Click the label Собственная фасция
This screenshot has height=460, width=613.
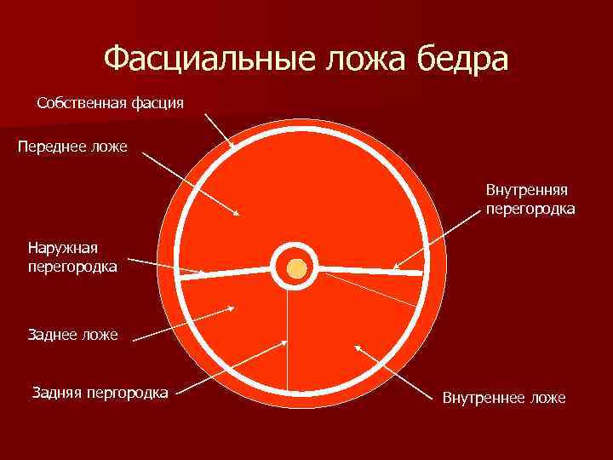pyautogui.click(x=111, y=103)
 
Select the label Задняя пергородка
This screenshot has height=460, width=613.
pyautogui.click(x=99, y=393)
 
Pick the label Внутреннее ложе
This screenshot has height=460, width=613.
pyautogui.click(x=504, y=399)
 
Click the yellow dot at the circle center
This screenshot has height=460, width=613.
pyautogui.click(x=295, y=269)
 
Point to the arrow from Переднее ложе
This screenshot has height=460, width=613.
pyautogui.click(x=192, y=184)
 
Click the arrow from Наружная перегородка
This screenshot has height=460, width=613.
pyautogui.click(x=166, y=267)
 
